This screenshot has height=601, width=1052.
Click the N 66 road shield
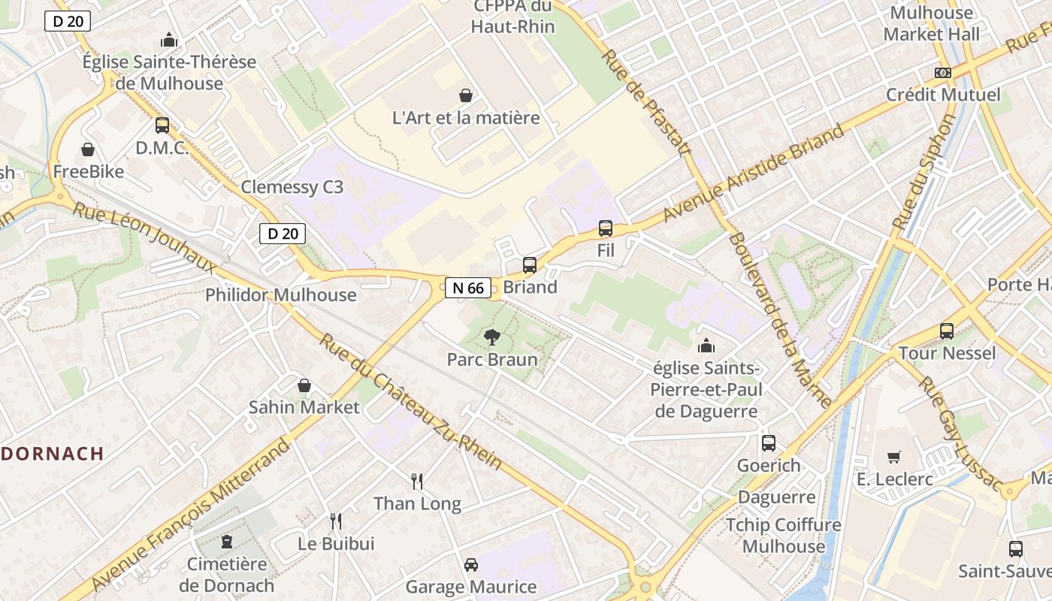click(468, 287)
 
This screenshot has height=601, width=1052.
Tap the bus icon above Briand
click(530, 264)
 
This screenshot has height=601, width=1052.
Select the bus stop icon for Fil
click(606, 228)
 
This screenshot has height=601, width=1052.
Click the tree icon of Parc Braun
click(492, 337)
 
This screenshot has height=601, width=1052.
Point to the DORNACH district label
click(52, 454)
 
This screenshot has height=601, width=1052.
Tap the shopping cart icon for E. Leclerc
click(894, 457)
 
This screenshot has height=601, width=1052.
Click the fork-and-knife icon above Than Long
click(417, 481)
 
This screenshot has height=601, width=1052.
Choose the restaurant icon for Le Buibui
click(336, 521)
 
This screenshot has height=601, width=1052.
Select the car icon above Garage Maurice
click(471, 564)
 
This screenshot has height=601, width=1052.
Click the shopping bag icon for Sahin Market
click(304, 385)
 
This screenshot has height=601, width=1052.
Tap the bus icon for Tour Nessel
click(947, 331)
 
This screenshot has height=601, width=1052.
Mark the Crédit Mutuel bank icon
click(943, 73)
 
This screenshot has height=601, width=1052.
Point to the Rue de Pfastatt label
click(645, 103)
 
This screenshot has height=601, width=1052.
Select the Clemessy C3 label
click(292, 187)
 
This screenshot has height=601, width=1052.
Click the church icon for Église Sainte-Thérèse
click(169, 40)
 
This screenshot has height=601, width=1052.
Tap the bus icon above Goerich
click(768, 443)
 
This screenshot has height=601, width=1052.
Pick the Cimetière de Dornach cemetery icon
click(226, 542)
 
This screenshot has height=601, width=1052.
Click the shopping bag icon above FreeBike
click(88, 149)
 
